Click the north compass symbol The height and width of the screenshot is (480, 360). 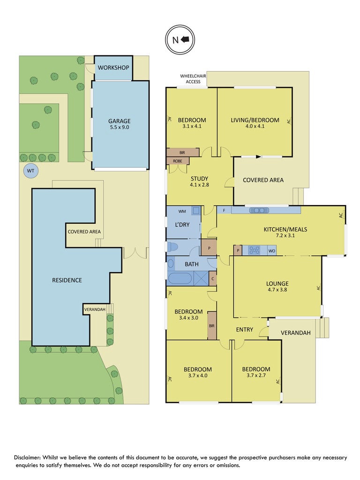(x=180, y=40)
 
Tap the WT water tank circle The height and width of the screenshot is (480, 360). (x=30, y=171)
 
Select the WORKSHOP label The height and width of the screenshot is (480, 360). (x=113, y=68)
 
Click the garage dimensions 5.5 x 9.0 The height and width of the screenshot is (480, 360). (x=119, y=127)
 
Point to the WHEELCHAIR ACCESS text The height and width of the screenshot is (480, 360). (x=193, y=79)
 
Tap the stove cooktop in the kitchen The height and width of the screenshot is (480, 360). (x=255, y=250)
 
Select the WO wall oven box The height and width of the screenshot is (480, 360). (x=272, y=251)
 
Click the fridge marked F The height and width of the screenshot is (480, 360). (x=224, y=210)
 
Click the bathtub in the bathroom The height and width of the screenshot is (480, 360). (x=180, y=279)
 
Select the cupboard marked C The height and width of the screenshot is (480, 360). (x=212, y=279)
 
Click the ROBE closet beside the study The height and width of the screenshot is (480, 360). (x=177, y=161)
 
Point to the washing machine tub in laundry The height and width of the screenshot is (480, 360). (x=195, y=211)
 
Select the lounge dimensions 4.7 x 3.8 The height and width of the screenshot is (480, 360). (x=277, y=290)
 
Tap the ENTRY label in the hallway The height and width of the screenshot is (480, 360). (x=244, y=329)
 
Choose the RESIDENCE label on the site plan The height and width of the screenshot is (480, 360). (x=67, y=280)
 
